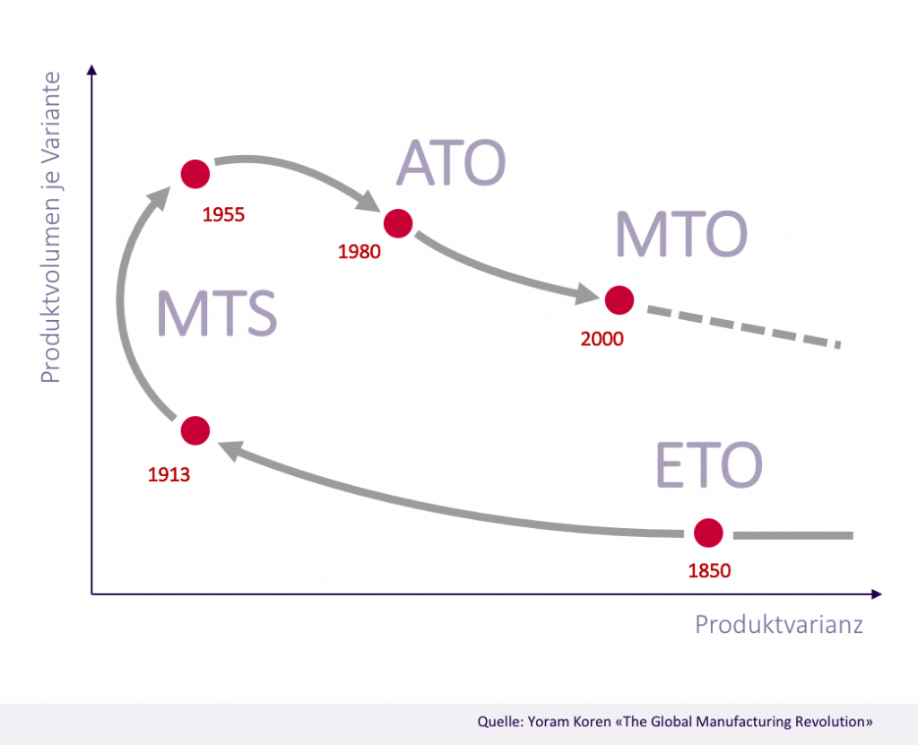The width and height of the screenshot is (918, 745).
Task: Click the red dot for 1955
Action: point(195,173)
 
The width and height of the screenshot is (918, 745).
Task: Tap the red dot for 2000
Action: point(619,299)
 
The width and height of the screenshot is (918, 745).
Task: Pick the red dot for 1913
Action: point(195,430)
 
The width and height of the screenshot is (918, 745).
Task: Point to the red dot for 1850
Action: point(708,533)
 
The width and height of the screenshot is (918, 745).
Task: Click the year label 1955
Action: point(223,215)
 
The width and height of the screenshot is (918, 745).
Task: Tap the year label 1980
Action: point(359,252)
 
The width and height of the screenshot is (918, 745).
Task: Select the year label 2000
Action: point(602,339)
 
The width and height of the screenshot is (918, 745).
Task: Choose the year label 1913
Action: point(169,474)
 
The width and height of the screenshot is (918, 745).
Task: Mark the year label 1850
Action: point(710,570)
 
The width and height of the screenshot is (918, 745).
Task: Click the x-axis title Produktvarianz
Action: point(778,625)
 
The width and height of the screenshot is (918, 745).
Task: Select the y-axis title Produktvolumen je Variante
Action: point(51,228)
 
